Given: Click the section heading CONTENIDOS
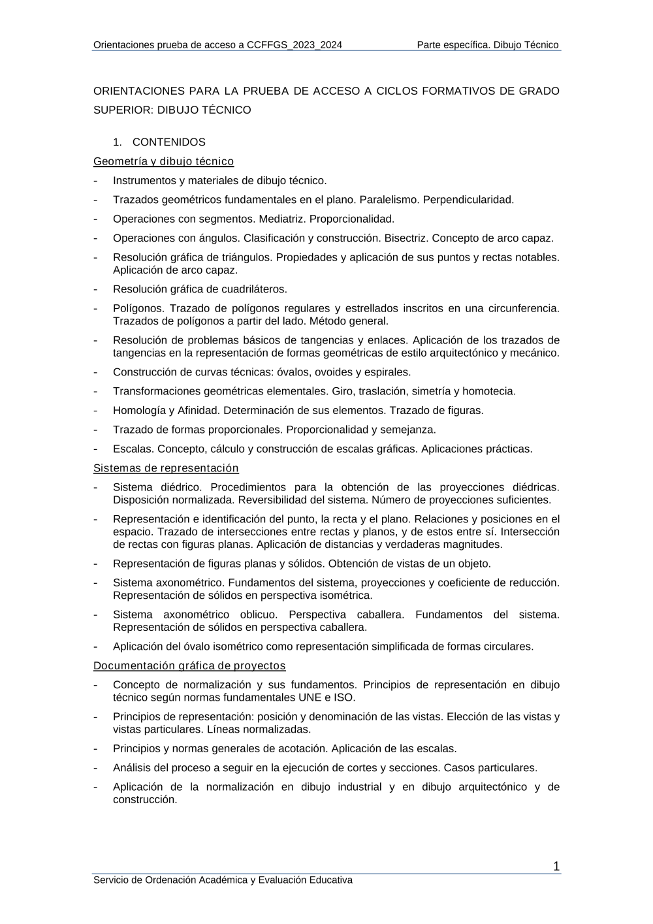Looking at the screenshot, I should pyautogui.click(x=168, y=142).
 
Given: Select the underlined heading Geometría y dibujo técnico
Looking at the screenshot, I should pyautogui.click(x=163, y=161).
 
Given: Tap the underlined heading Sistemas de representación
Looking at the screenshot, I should pyautogui.click(x=166, y=468).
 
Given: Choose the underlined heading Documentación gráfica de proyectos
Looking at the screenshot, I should pyautogui.click(x=189, y=666).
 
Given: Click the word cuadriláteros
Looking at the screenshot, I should pyautogui.click(x=255, y=289).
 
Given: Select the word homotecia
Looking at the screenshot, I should pyautogui.click(x=489, y=391).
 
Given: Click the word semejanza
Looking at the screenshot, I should pyautogui.click(x=409, y=430).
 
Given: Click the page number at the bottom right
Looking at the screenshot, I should pyautogui.click(x=556, y=867).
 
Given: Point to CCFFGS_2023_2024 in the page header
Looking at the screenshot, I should pyautogui.click(x=295, y=45).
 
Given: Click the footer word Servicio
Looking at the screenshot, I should pyautogui.click(x=111, y=880).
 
